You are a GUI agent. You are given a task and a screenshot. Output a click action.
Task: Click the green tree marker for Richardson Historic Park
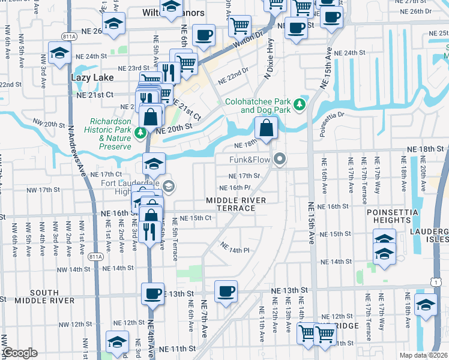(140, 132)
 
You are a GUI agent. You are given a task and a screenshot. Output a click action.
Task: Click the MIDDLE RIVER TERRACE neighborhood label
(231, 204)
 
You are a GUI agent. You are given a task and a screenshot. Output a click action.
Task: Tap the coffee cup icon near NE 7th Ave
(226, 292)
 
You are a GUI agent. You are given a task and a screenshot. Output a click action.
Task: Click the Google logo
(20, 353)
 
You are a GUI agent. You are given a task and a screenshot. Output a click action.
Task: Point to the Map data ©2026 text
(423, 355)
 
